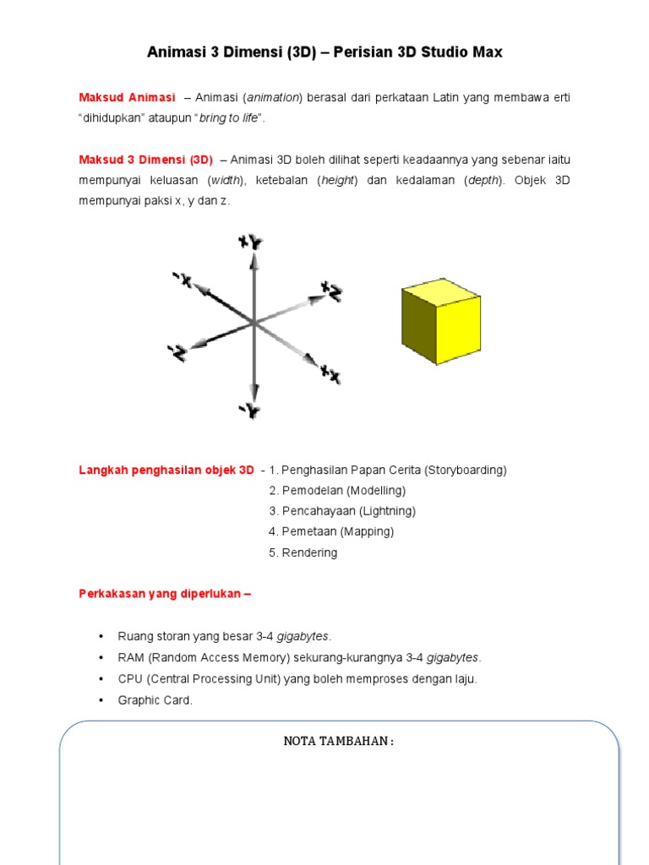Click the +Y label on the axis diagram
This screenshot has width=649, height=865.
(x=250, y=243)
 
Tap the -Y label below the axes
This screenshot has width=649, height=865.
(x=249, y=411)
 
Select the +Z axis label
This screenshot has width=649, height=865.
(x=331, y=292)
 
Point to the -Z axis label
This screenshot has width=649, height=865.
(x=177, y=352)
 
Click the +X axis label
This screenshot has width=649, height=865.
(x=330, y=373)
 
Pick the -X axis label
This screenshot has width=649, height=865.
(x=183, y=279)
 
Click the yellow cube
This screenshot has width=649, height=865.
(x=440, y=321)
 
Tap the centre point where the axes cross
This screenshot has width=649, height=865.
(x=254, y=323)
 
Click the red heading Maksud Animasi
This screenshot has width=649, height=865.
(x=127, y=98)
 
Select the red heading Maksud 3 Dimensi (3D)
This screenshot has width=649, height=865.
(x=145, y=160)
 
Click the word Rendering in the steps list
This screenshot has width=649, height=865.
(x=309, y=552)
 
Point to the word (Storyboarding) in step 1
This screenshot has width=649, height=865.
(x=466, y=470)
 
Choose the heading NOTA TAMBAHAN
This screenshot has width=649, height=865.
(x=338, y=742)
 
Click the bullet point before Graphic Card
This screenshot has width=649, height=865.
(x=101, y=700)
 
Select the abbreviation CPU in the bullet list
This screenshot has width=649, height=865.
(x=130, y=679)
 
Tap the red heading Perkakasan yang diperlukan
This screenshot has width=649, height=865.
(x=165, y=594)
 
